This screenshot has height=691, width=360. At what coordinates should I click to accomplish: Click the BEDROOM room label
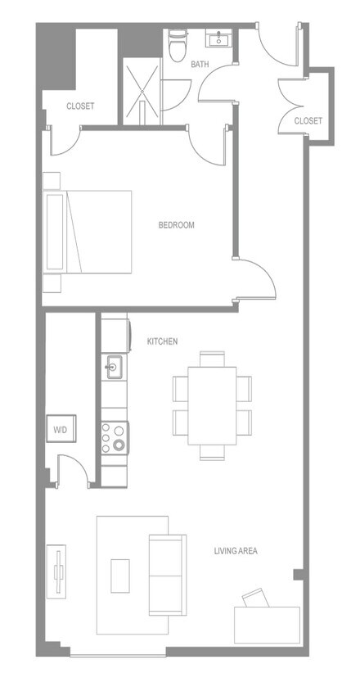(176, 225)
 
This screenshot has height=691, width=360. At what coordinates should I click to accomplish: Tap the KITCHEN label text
(162, 341)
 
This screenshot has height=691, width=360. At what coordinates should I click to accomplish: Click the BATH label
(200, 64)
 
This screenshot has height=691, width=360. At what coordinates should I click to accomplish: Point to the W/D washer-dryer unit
(61, 428)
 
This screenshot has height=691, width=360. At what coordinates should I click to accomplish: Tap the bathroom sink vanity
(219, 38)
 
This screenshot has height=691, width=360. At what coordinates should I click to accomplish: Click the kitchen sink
(113, 367)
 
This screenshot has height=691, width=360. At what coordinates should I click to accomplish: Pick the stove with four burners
(115, 436)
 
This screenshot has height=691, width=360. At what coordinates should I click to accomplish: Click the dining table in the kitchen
(212, 404)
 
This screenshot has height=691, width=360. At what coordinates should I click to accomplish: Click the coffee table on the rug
(122, 575)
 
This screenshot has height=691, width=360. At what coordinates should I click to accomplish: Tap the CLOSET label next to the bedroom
(80, 106)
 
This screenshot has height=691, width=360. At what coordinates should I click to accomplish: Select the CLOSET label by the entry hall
(308, 120)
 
